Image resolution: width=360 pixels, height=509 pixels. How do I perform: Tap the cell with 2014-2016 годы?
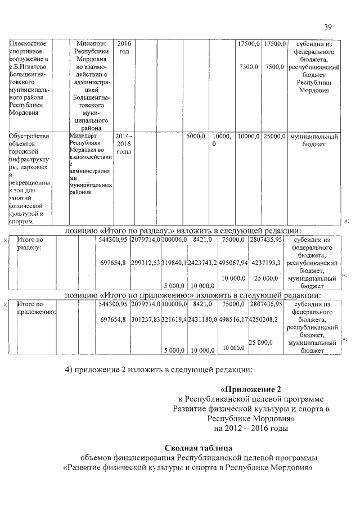(123, 144)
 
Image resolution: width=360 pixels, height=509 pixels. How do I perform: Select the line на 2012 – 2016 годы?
(247, 429)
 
